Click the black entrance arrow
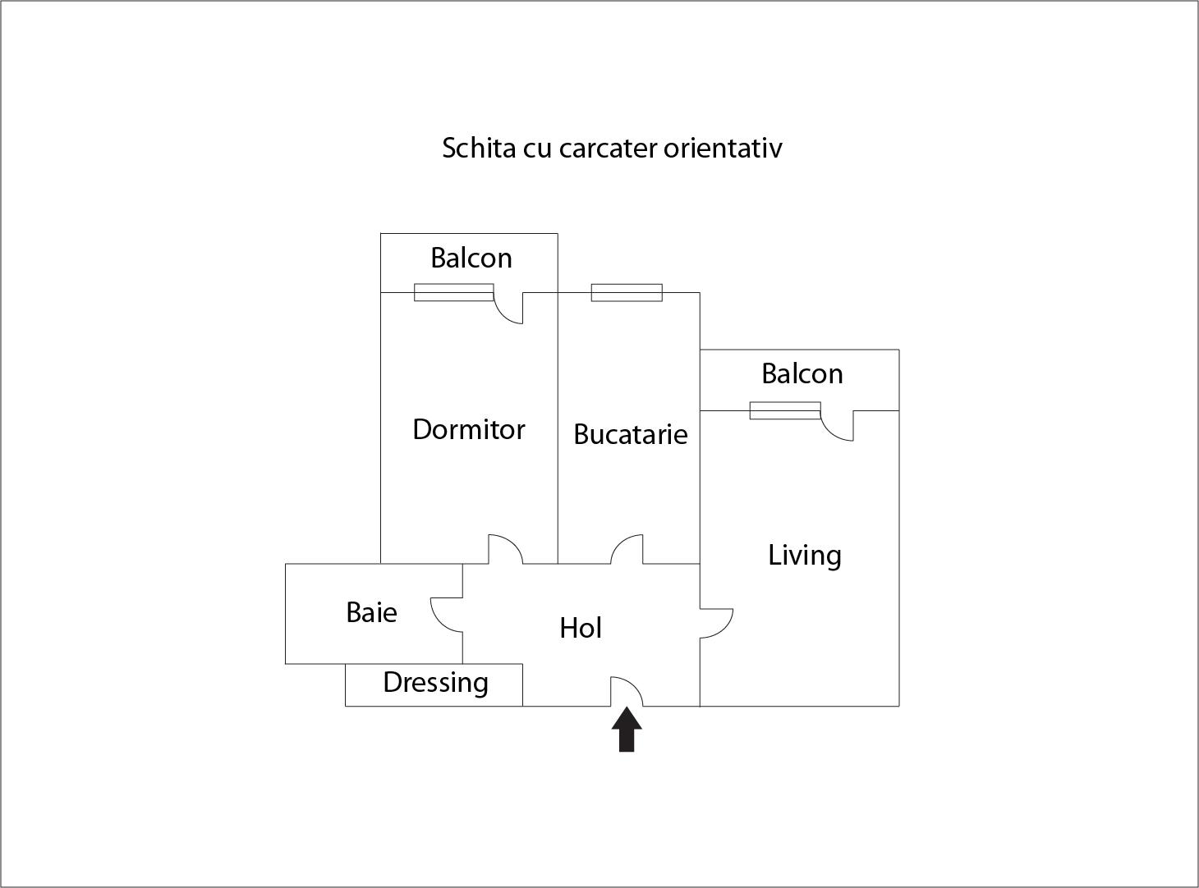[627, 729]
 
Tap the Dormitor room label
[469, 430]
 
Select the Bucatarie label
[631, 434]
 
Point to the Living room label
[804, 556]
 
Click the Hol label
[581, 628]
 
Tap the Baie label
[371, 612]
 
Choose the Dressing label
[436, 683]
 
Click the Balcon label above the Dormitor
[471, 258]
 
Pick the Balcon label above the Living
[802, 373]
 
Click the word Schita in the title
[479, 148]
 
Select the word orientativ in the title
[723, 148]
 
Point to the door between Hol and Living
[725, 629]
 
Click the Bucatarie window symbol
[627, 292]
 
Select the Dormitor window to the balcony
[453, 292]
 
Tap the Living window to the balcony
[785, 410]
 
